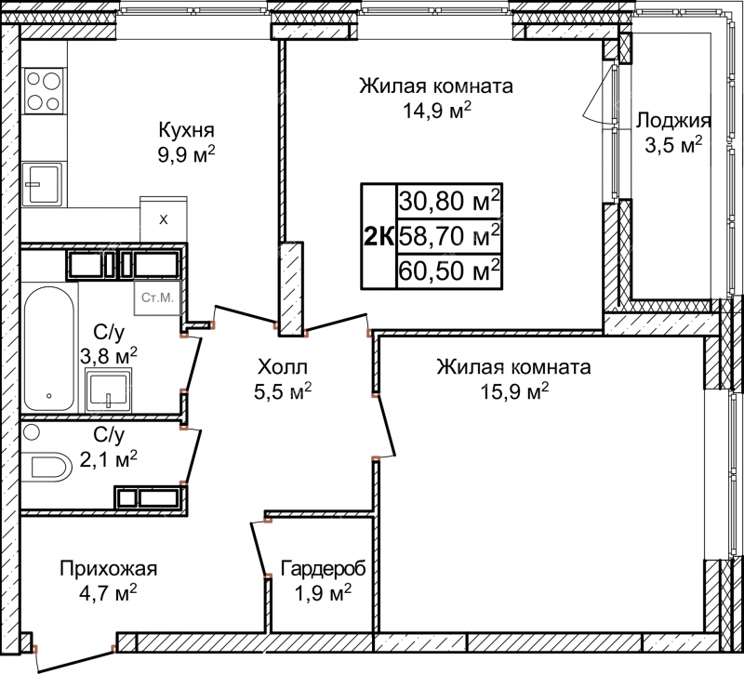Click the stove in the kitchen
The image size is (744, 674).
click(44, 90)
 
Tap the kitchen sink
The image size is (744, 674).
click(42, 184)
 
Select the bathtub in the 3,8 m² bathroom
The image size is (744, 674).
click(49, 349)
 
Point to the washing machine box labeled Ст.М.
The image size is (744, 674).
click(157, 297)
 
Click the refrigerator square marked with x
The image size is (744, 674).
click(164, 219)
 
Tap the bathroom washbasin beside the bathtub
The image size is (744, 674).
click(109, 390)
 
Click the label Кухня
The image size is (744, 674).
click(187, 129)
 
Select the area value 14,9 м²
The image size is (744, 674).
click(437, 111)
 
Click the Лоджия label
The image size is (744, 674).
click(673, 121)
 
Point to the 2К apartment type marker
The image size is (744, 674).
click(379, 236)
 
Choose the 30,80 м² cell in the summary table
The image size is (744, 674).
click(449, 201)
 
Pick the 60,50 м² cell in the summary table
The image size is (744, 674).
click(449, 271)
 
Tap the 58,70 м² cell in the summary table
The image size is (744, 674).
click(449, 236)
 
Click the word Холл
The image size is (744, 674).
click(283, 366)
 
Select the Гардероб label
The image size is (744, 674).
click(323, 568)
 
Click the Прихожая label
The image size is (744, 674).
click(108, 568)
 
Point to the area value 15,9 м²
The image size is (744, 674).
click(514, 391)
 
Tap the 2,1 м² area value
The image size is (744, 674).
click(109, 459)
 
